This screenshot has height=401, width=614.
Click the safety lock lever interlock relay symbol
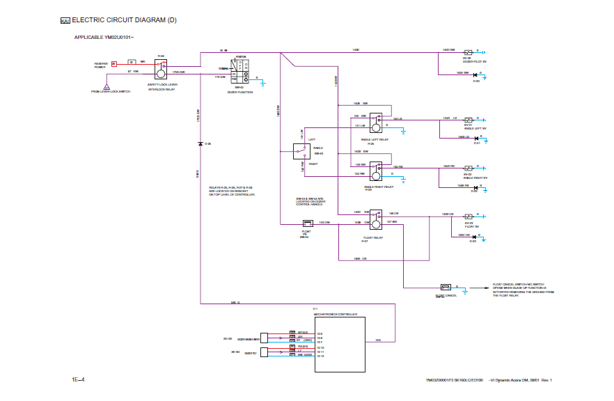click(161, 68)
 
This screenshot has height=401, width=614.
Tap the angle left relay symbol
click(376, 123)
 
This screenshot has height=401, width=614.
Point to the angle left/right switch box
click(301, 152)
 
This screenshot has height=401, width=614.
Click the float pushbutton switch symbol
click(307, 223)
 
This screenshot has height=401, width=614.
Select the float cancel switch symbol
click(446, 287)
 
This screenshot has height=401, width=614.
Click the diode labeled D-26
click(200, 143)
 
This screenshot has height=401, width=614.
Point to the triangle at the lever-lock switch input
click(107, 86)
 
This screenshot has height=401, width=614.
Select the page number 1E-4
click(78, 380)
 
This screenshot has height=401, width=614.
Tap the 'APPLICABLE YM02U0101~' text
click(104, 37)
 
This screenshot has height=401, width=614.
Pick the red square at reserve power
click(113, 64)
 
